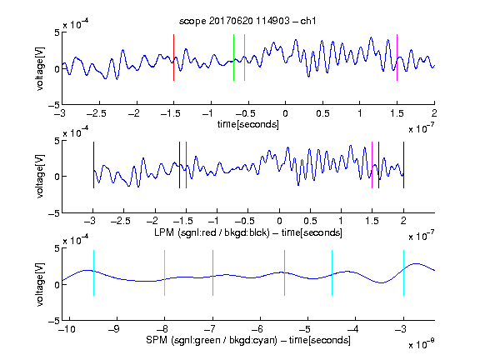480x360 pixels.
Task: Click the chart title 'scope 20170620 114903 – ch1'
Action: [x=247, y=21]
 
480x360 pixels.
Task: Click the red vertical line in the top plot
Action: [x=173, y=57]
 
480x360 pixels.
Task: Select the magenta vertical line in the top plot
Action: [x=397, y=57]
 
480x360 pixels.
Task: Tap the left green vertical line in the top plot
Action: [x=233, y=57]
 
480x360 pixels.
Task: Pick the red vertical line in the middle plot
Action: [x=186, y=165]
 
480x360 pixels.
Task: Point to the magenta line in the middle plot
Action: [x=372, y=165]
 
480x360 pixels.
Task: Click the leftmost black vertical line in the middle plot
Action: [x=93, y=165]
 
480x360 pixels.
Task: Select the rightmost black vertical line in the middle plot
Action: [x=403, y=165]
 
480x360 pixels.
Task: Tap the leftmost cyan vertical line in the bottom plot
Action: [x=93, y=273]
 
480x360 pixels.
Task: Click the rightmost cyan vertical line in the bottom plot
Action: [x=403, y=273]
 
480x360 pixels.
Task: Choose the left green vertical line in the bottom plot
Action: [x=212, y=273]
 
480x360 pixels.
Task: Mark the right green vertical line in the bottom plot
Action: [x=284, y=273]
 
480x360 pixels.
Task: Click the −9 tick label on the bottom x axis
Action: [x=114, y=329]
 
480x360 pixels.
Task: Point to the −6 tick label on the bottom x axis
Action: [x=257, y=329]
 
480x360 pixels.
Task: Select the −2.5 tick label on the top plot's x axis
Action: [x=97, y=113]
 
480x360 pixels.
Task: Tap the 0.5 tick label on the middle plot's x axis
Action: [x=310, y=221]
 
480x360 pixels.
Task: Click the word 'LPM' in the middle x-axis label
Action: [x=164, y=232]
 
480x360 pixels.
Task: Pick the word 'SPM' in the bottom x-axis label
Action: [x=157, y=340]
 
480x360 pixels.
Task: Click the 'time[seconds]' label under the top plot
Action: [x=248, y=124]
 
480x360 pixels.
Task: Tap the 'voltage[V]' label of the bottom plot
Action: [x=40, y=284]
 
